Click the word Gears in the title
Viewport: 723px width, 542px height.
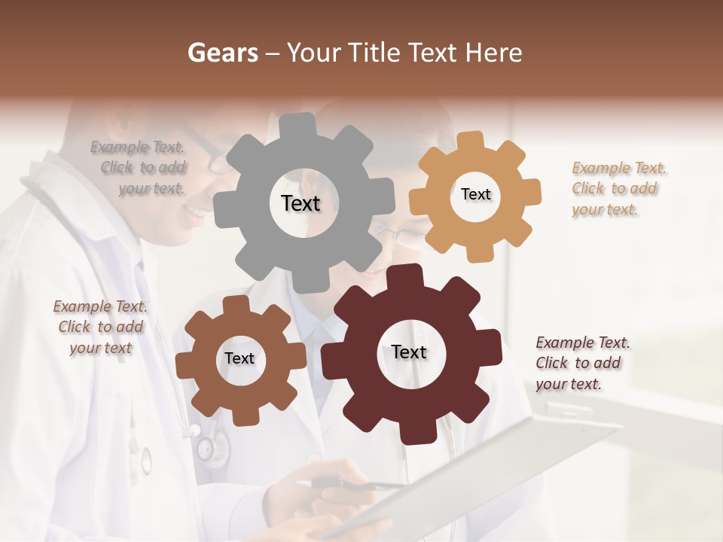[x=222, y=53]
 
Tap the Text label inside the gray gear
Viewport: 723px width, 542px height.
[x=300, y=203]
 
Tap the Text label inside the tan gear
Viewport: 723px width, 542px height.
[x=475, y=194]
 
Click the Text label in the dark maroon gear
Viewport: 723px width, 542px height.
[x=409, y=352]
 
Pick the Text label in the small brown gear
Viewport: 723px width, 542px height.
[x=239, y=358]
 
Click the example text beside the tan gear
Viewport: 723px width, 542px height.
[x=618, y=188]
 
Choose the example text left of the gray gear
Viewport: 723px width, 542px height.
[x=139, y=168]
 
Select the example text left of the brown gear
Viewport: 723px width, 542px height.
[x=100, y=327]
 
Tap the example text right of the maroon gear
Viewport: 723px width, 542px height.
[x=581, y=363]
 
